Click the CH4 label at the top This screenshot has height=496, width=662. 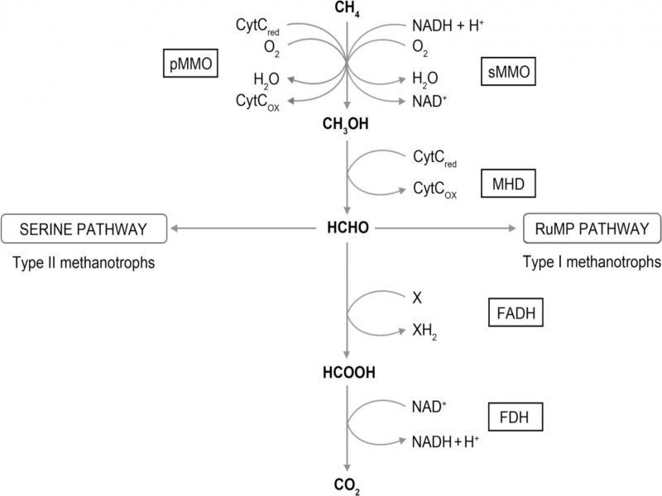(x=348, y=10)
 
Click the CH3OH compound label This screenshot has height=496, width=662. (x=348, y=126)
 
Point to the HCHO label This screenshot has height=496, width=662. (x=348, y=226)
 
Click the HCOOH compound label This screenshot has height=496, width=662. (x=348, y=373)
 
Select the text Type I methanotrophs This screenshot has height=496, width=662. (x=592, y=262)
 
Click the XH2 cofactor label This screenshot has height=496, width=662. (x=425, y=331)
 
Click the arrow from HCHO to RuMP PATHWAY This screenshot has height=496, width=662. (x=447, y=226)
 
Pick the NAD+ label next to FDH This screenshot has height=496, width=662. (x=429, y=406)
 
